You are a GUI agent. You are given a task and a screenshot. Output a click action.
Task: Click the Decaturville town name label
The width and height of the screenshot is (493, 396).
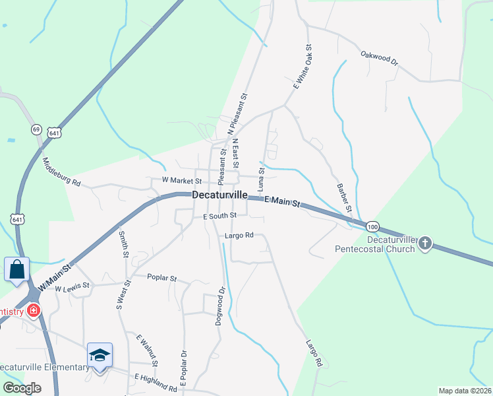[x=219, y=195]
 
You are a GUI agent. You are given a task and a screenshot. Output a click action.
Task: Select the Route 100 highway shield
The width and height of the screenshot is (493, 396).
[x=372, y=226]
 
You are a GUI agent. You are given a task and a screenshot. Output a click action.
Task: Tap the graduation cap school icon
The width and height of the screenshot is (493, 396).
[x=100, y=355]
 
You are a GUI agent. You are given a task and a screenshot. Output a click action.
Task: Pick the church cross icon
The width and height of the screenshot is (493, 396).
[x=425, y=244]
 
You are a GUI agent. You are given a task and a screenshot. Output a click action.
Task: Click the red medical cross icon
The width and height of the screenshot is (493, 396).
[x=32, y=311]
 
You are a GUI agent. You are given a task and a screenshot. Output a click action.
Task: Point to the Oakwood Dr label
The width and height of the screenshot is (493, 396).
[x=380, y=57]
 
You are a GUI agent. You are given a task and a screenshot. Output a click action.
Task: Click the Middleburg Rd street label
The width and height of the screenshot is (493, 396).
[x=61, y=172]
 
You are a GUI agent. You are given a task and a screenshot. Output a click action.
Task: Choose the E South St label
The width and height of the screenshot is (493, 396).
[x=219, y=216]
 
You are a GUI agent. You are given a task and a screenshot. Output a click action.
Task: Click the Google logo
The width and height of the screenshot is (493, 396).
[x=22, y=388]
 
